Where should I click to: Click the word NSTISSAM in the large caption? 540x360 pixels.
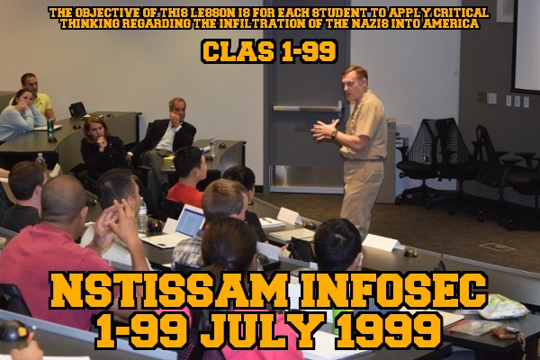tap(168, 291)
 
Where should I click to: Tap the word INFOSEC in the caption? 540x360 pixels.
tap(393, 291)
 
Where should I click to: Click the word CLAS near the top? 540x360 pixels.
tap(238, 51)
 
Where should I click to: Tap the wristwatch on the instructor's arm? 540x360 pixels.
tap(334, 134)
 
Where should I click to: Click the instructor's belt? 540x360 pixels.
tap(363, 158)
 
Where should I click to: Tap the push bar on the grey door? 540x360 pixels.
tap(307, 108)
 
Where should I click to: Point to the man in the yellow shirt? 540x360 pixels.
tap(37, 96)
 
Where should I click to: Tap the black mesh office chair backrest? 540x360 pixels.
tap(435, 140)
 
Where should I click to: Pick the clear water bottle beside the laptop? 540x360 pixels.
tap(142, 216)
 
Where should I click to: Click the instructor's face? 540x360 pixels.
tap(352, 85)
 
